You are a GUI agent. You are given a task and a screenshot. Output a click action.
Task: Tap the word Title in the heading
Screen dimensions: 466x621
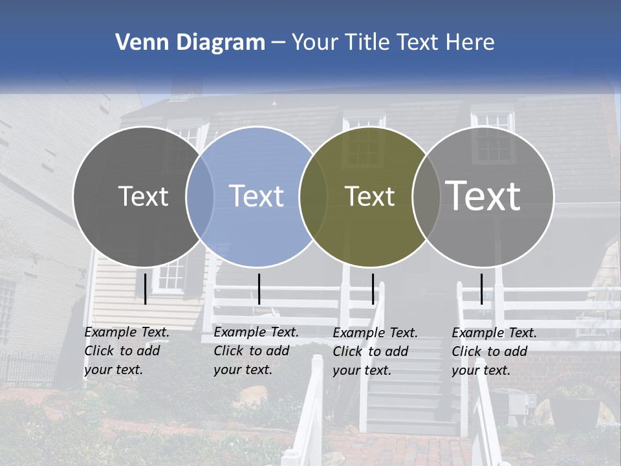click(x=365, y=43)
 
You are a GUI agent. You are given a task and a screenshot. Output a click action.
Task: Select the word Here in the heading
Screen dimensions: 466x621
click(x=470, y=43)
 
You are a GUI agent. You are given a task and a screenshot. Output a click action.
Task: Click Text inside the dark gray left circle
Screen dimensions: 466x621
click(x=143, y=196)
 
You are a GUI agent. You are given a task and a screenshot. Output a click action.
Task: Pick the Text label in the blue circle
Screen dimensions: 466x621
click(x=257, y=196)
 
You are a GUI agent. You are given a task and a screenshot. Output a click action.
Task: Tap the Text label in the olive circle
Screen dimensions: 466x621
click(x=369, y=196)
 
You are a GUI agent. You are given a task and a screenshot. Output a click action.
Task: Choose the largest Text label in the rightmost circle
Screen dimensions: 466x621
click(x=483, y=196)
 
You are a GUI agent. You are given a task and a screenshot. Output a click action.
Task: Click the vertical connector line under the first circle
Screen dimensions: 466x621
click(x=145, y=289)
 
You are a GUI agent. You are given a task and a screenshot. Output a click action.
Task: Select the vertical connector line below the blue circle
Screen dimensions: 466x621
click(x=259, y=289)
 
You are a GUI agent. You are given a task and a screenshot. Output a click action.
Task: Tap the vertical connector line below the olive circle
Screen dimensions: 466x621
click(x=373, y=289)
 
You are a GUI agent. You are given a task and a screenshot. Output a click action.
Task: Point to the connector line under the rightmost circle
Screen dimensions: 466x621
click(x=481, y=289)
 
